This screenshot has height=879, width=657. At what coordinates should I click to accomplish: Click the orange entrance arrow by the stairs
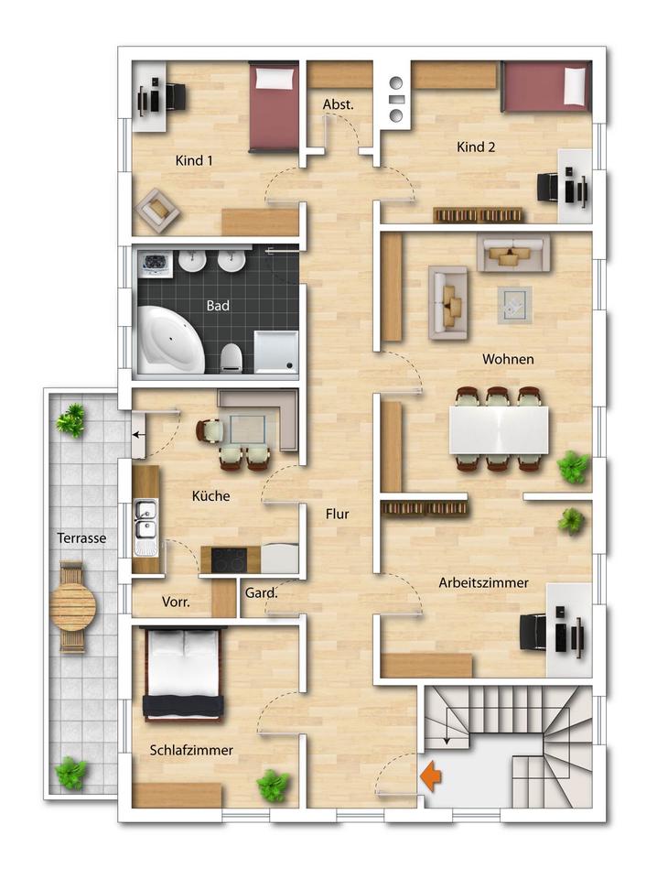430,776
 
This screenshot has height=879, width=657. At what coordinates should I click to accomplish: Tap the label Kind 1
194,160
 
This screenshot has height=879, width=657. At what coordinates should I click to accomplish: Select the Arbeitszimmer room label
483,582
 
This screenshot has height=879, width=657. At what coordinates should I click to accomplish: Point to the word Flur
337,514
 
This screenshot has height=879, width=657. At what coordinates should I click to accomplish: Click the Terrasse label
81,538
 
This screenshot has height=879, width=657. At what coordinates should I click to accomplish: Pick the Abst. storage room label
339,104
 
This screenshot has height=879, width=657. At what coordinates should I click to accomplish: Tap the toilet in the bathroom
231,358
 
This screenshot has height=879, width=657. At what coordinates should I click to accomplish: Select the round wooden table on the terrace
73,606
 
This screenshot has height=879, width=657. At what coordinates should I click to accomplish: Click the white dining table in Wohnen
499,430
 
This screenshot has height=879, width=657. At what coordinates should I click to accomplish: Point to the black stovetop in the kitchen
229,559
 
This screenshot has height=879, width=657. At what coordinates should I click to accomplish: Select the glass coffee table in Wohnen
515,305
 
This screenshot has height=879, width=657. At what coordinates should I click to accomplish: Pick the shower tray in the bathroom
276,352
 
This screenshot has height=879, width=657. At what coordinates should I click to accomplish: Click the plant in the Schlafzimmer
274,786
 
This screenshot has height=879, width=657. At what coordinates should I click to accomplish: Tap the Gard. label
261,592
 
